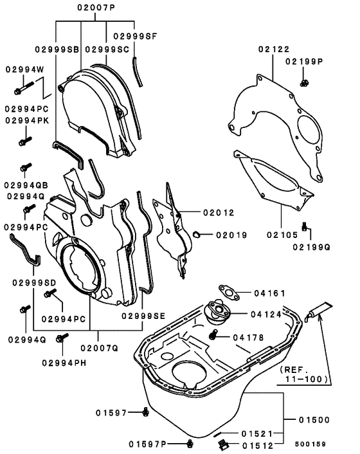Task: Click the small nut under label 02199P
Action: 304,82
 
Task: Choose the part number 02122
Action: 274,48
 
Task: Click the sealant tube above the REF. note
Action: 318,311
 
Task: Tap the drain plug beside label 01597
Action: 147,412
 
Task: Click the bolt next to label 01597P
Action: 190,443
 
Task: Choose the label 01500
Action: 314,420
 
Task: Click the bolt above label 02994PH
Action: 62,337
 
